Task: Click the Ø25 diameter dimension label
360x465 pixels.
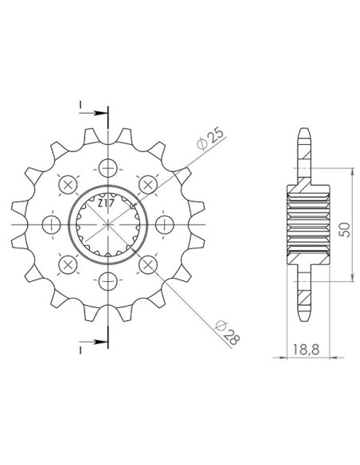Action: coord(209,139)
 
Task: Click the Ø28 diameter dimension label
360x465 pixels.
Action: coord(228,333)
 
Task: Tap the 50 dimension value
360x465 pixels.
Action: coord(345,229)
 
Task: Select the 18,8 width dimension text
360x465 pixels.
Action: coord(307,350)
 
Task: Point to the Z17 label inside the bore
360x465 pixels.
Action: coord(104,204)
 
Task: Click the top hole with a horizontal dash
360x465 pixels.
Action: coord(108,168)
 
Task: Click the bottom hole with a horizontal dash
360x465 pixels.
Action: coord(108,281)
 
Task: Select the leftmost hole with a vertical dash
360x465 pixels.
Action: coord(51,225)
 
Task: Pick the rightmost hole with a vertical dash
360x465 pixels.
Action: coord(165,225)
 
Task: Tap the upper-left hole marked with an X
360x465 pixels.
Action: coord(68,185)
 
